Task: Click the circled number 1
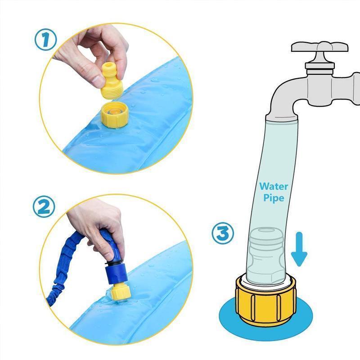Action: coord(45,40)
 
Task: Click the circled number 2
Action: coord(44,207)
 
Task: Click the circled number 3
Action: coord(223,234)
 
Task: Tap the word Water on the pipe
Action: coord(274,186)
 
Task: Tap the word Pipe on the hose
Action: coord(274,198)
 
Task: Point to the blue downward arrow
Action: coord(299,249)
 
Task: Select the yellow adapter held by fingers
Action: coord(112,81)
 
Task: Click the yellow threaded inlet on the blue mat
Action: coord(115,115)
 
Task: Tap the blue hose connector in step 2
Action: coord(117,273)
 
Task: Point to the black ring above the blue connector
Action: coord(114,263)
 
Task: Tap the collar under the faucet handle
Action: coord(319,66)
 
